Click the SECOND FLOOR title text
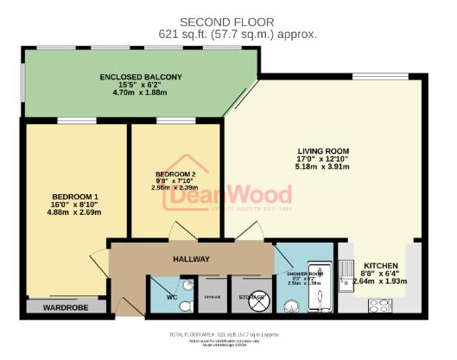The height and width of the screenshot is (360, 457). tap(226, 21)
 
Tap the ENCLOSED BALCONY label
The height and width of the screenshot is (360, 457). tap(142, 77)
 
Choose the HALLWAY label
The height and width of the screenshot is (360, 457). tap(191, 259)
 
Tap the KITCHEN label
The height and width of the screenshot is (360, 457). tap(381, 265)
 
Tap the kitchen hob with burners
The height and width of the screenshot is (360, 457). tap(382, 305)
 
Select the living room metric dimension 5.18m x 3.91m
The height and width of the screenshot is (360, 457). tap(319, 167)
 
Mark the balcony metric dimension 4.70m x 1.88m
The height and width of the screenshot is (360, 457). tap(142, 96)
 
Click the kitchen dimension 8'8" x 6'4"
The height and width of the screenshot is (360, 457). tap(381, 274)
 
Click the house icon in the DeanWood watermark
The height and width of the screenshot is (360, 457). tap(183, 176)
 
